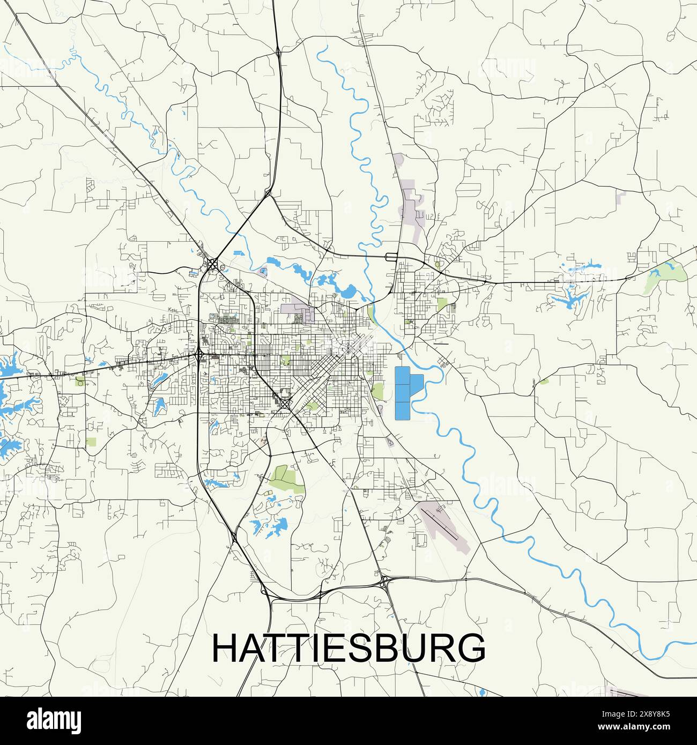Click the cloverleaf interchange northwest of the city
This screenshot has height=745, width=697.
[213, 264]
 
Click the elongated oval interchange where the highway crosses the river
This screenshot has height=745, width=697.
[391, 257]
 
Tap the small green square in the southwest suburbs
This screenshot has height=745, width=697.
[91, 442]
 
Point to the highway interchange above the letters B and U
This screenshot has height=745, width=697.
[385, 583]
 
